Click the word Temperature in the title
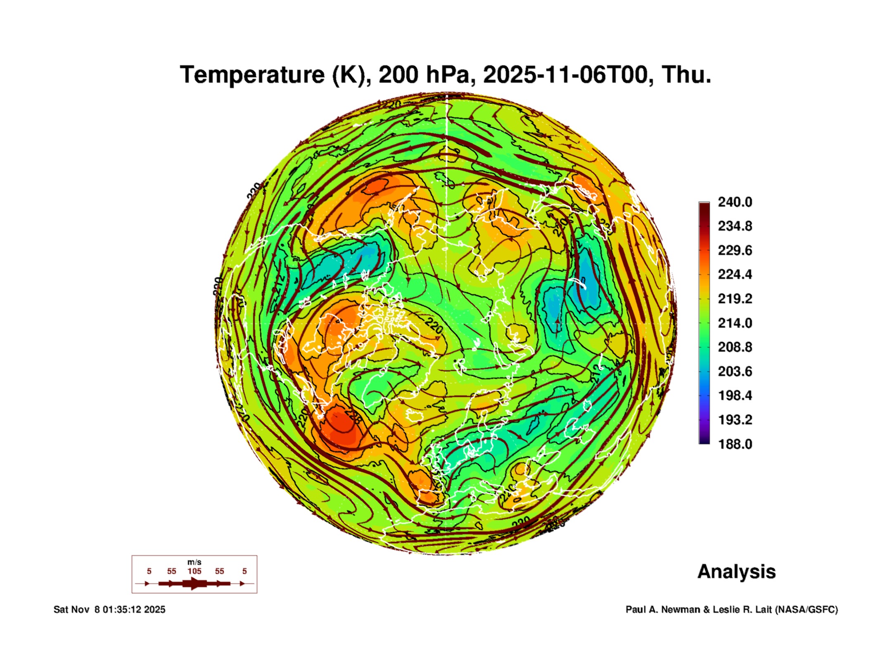(x=252, y=75)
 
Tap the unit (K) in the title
(x=351, y=75)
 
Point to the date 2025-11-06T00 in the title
(x=565, y=75)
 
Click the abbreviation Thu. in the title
(x=686, y=75)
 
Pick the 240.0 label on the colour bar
(x=735, y=202)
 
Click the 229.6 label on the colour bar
(x=735, y=250)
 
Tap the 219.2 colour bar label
(x=735, y=299)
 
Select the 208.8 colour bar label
(x=735, y=347)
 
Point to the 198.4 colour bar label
(x=735, y=395)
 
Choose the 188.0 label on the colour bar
(x=735, y=444)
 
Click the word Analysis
(x=736, y=571)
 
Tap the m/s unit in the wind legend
(x=194, y=562)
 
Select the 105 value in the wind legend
(x=194, y=571)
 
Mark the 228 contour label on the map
(x=354, y=416)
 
